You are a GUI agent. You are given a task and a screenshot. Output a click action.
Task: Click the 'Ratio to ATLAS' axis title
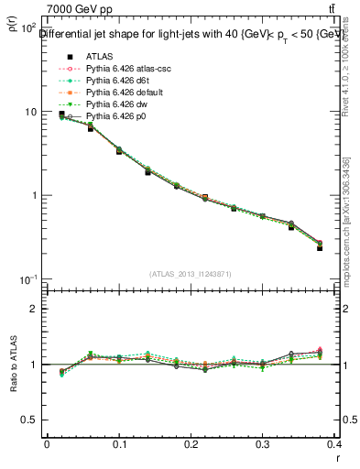click(12, 364)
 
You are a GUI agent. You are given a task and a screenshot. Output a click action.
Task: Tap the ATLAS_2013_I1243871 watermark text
click(192, 274)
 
